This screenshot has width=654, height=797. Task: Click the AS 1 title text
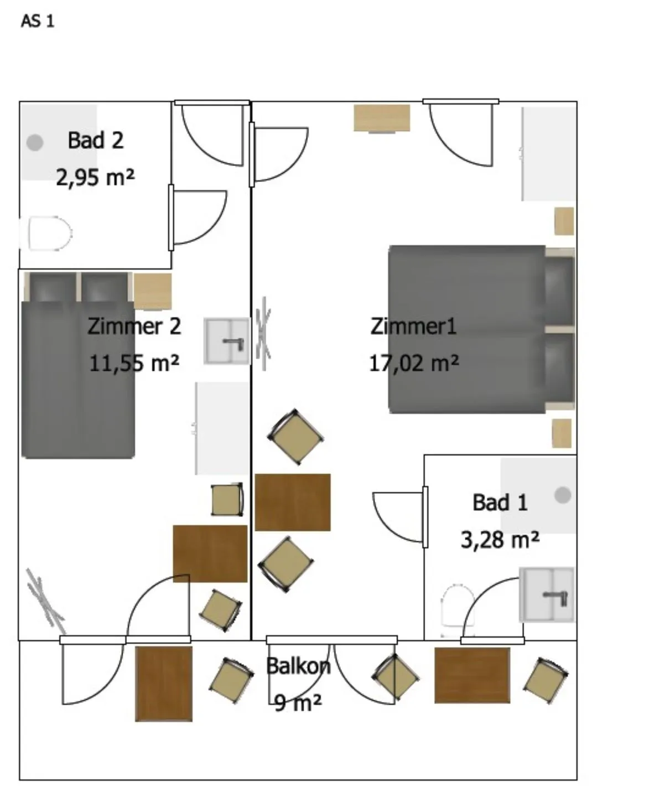[38, 21]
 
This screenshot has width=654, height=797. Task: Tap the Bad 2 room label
[96, 141]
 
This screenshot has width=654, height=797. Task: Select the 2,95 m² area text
[95, 177]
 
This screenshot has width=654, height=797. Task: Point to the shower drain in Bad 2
[35, 143]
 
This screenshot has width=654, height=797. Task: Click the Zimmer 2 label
[134, 326]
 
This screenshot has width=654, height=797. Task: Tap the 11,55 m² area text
[134, 363]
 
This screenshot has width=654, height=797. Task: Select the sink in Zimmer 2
[227, 341]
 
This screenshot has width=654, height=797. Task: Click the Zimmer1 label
[413, 326]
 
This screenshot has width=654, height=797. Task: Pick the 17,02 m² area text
[414, 363]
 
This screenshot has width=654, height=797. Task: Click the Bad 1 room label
[500, 503]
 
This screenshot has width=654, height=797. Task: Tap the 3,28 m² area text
[500, 540]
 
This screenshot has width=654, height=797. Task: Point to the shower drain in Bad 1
[563, 495]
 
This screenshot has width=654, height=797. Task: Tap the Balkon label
[298, 666]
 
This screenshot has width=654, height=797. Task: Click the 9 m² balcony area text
[298, 702]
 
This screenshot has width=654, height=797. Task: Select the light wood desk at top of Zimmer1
[382, 118]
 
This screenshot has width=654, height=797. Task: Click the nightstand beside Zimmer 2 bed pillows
[153, 291]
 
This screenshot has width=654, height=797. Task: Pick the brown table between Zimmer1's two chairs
[293, 502]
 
